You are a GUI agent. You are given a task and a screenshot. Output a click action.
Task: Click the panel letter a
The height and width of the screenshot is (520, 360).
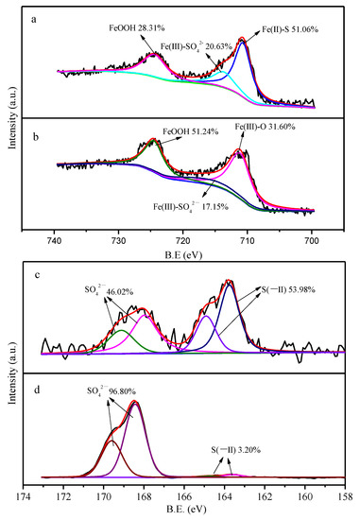click(x=33, y=20)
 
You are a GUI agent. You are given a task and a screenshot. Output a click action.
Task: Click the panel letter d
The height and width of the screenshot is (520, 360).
click(x=37, y=390)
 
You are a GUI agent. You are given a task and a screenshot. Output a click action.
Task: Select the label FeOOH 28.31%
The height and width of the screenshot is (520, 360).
click(x=137, y=27)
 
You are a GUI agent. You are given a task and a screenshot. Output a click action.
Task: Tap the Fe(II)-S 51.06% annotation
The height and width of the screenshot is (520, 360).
click(x=290, y=29)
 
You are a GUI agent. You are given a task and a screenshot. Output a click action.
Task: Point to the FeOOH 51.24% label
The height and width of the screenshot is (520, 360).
click(x=190, y=131)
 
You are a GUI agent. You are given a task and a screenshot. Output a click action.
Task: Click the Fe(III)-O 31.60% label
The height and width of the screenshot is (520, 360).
click(x=265, y=127)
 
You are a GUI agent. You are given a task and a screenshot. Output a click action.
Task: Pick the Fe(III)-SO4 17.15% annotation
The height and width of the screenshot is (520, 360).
click(x=191, y=207)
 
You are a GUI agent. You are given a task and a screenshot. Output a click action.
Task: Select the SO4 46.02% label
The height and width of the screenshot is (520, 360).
click(x=109, y=291)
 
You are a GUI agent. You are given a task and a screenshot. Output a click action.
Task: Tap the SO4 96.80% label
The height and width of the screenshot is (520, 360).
click(x=111, y=391)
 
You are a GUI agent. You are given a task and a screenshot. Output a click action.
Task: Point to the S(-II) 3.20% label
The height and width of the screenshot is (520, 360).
click(x=236, y=450)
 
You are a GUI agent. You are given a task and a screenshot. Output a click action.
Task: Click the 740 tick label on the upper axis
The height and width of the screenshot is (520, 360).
click(x=55, y=240)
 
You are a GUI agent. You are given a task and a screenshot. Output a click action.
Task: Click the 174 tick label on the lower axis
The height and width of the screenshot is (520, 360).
click(x=24, y=497)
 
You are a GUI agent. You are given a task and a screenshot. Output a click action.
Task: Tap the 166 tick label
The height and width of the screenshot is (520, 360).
click(x=184, y=497)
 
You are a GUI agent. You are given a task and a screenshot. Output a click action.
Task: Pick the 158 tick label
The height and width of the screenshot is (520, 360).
click(x=345, y=497)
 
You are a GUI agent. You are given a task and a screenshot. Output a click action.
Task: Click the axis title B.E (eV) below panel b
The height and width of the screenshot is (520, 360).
click(x=183, y=255)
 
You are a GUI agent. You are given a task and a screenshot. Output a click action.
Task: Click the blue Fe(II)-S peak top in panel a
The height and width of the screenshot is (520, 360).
click(x=242, y=43)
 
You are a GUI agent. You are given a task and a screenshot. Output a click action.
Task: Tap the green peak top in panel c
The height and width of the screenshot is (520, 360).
click(x=122, y=330)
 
